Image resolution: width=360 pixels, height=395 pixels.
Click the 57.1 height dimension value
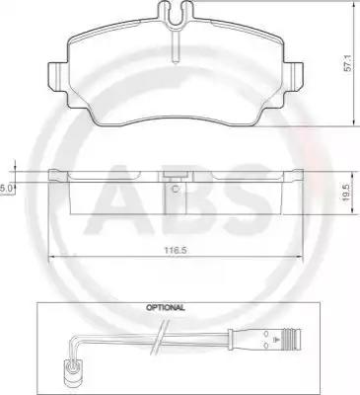pos(348,64)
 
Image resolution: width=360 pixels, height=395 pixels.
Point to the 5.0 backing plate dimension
pos(6,189)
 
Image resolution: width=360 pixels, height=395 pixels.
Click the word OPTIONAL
pos(166,308)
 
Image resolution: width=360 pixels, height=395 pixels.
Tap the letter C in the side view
pos(176,189)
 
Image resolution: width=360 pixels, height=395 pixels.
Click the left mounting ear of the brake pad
pos(58,76)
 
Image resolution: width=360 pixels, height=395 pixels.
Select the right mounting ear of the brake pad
pos(294,76)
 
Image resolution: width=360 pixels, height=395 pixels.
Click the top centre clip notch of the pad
pos(176,13)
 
